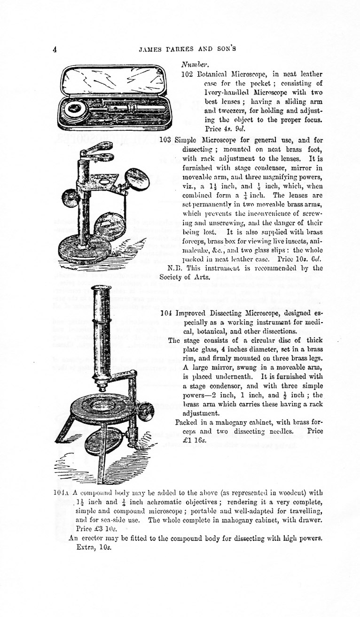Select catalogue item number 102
click(186, 74)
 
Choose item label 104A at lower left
click(62, 493)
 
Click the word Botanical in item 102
click(211, 74)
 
